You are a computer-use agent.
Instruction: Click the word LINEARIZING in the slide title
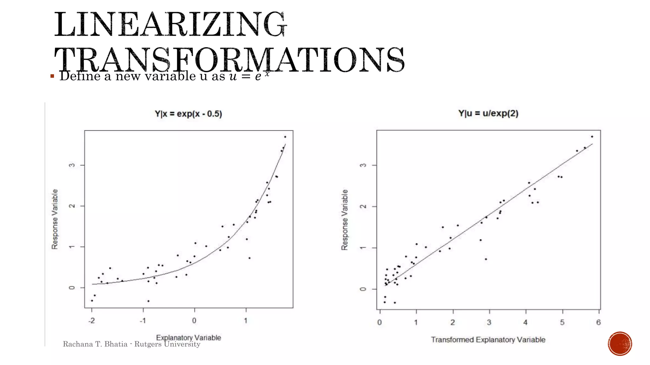[x=170, y=25]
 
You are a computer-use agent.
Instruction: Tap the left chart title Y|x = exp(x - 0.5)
[x=188, y=114]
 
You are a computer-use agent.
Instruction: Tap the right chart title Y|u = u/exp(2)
[x=488, y=113]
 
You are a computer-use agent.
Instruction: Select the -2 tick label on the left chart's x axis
[x=91, y=321]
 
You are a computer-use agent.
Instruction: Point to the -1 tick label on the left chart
[x=143, y=321]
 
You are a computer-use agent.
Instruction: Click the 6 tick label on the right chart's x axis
[x=598, y=323]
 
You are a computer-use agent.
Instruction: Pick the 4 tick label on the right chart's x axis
[x=525, y=323]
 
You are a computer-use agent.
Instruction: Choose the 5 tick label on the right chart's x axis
[x=562, y=323]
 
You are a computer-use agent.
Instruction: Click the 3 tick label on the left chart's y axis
[x=72, y=165]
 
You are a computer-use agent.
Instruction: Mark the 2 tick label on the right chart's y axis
[x=363, y=207]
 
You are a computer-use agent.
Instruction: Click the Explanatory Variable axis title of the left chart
[x=189, y=337]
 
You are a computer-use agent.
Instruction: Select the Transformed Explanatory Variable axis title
[x=488, y=340]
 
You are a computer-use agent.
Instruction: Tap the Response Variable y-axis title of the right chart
[x=345, y=220]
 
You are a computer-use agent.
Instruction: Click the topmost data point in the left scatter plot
[x=285, y=137]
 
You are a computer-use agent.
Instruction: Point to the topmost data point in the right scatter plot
[x=592, y=137]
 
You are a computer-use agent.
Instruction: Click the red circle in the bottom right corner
[x=620, y=344]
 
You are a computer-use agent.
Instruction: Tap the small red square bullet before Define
[x=52, y=76]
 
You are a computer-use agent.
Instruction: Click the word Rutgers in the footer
[x=148, y=344]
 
